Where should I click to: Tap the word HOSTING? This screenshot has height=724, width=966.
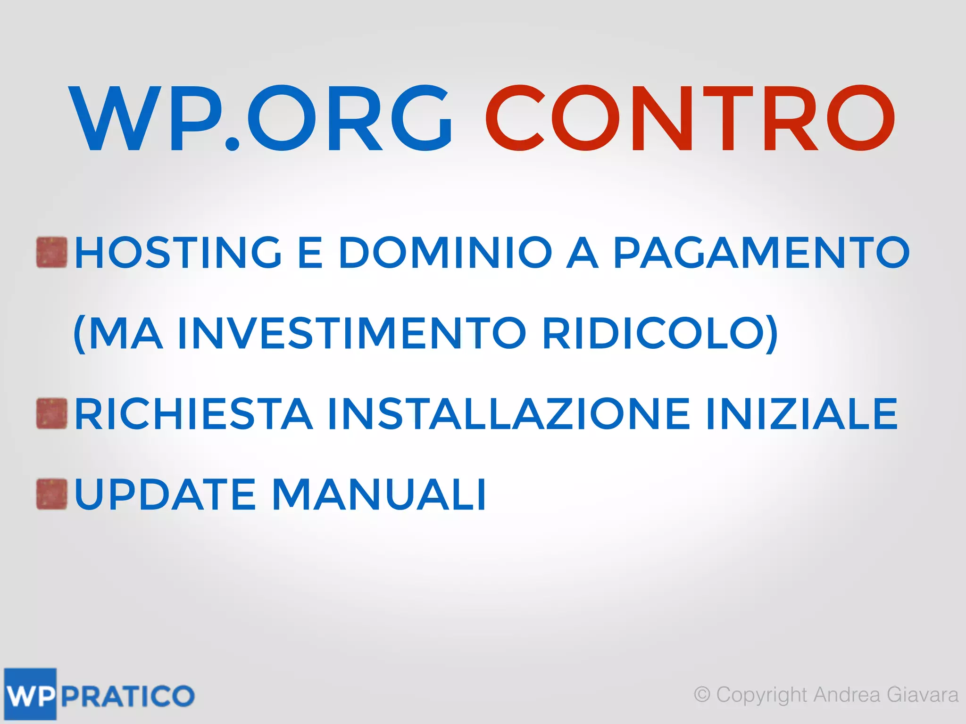pos(178,253)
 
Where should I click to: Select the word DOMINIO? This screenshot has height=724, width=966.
pos(445,253)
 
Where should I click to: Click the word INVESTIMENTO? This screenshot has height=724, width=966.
pos(351,333)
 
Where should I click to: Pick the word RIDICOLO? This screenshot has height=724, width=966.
pos(653,333)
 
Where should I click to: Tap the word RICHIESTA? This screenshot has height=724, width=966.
pos(193,414)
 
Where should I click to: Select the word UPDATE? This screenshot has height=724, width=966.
pos(165,494)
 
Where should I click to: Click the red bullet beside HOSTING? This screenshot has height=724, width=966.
pos(52,253)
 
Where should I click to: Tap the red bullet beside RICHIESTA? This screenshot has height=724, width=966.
pos(52,414)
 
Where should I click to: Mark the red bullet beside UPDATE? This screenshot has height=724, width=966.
pos(52,494)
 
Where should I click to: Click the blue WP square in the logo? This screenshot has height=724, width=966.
pos(30,694)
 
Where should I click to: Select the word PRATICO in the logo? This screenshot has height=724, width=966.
pos(127,696)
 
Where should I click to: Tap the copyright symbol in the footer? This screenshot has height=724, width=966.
pos(702,695)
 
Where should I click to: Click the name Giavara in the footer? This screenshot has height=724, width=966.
pos(922,695)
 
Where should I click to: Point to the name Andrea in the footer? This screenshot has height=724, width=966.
pos(847,695)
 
